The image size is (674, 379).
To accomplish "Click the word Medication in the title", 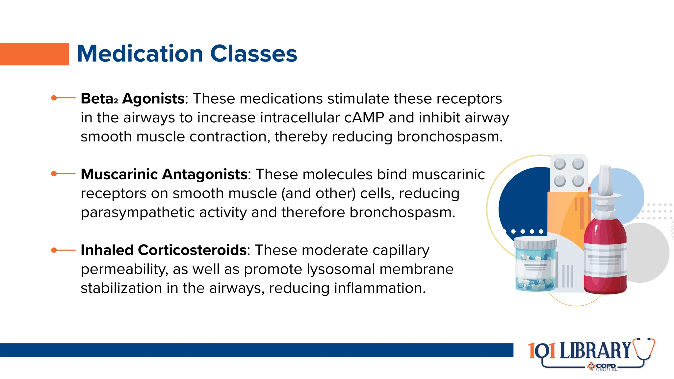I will click(140, 54).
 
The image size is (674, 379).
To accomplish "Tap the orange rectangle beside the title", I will click(34, 54).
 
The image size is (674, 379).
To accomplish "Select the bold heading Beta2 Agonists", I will click(132, 99).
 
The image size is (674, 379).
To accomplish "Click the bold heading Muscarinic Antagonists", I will click(164, 174).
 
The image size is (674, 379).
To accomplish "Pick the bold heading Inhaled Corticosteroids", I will click(163, 250).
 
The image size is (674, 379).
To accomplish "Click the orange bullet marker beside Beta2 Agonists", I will click(54, 98).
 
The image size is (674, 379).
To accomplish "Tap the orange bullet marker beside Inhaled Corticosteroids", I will click(54, 250).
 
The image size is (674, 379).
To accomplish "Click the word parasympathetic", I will click(164, 213).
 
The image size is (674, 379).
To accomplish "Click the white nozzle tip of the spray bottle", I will click(605, 178).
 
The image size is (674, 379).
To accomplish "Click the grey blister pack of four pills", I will click(569, 172).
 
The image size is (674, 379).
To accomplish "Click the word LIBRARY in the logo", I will click(595, 351).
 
